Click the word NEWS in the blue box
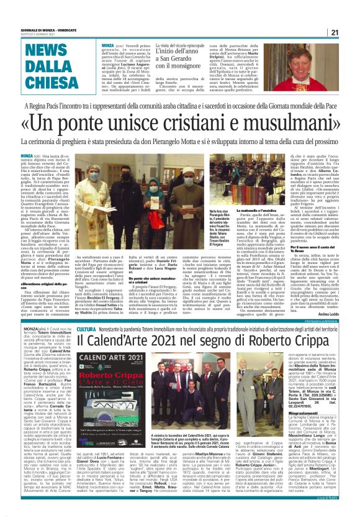point(50,52)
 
